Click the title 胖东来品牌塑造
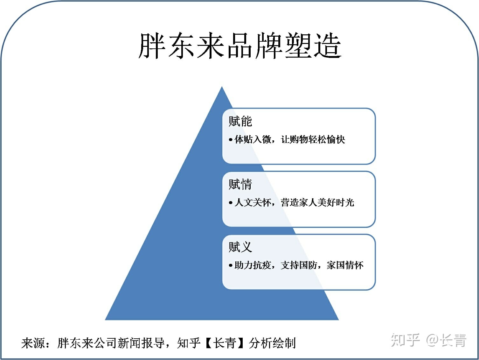240,46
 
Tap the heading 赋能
240,121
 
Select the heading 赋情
240,184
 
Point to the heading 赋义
240,247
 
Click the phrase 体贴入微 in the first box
253,139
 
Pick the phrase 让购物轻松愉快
313,139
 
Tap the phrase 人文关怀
253,202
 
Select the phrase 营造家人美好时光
317,202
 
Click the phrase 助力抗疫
253,265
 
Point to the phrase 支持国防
299,265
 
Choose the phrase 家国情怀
345,265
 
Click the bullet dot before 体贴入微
231,140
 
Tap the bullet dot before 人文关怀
231,202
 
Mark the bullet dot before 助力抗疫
231,265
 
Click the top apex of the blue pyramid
222,87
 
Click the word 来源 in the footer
33,343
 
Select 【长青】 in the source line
225,343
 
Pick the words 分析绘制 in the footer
272,343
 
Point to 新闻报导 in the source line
141,343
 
